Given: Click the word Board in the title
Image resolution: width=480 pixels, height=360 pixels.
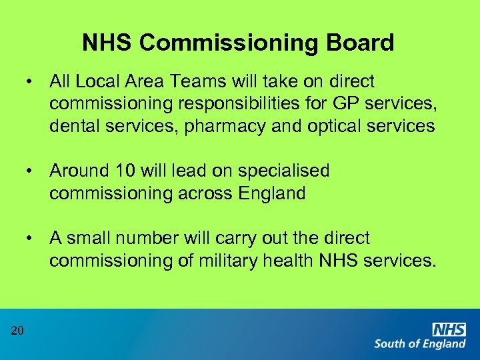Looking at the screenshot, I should pyautogui.click(x=361, y=43).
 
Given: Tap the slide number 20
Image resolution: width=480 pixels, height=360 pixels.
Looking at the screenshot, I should pyautogui.click(x=17, y=329).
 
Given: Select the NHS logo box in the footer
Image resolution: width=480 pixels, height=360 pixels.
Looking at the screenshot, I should pyautogui.click(x=449, y=329).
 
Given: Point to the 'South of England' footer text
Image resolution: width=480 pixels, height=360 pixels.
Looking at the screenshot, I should pyautogui.click(x=420, y=344).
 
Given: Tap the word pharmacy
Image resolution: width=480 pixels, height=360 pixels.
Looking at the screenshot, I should pyautogui.click(x=230, y=126).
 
